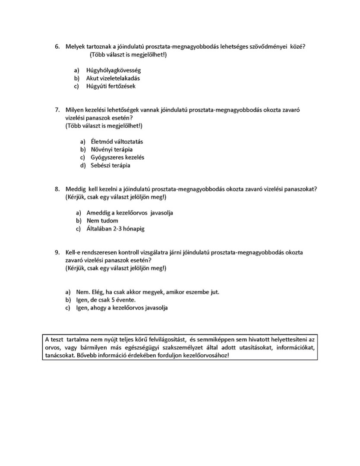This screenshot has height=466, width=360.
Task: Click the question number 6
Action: click(57, 47)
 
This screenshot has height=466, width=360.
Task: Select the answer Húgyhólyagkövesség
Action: click(114, 70)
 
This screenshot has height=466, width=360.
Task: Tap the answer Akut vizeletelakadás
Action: click(113, 79)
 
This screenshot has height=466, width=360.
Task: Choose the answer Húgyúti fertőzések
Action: click(111, 86)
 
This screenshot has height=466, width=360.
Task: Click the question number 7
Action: click(57, 110)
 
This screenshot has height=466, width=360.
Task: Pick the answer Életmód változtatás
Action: click(117, 142)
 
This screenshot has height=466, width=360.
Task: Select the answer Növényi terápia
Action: click(111, 149)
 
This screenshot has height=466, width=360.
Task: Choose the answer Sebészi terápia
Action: click(110, 165)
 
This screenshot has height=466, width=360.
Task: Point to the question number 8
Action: click(57, 189)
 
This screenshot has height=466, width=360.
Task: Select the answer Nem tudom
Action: click(102, 221)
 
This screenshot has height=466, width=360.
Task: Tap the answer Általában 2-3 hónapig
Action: click(115, 229)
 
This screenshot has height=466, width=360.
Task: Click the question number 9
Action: click(57, 252)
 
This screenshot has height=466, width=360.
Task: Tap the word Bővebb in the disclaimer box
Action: click(89, 356)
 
